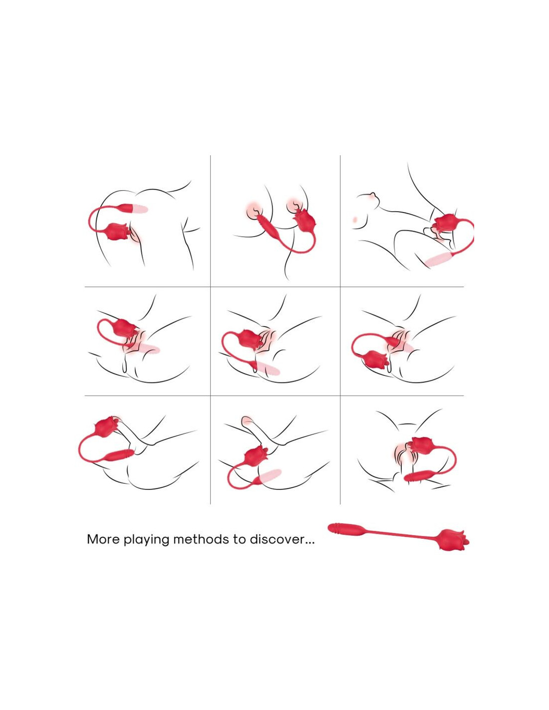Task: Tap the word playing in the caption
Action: pyautogui.click(x=146, y=539)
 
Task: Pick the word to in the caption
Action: pyautogui.click(x=240, y=539)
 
